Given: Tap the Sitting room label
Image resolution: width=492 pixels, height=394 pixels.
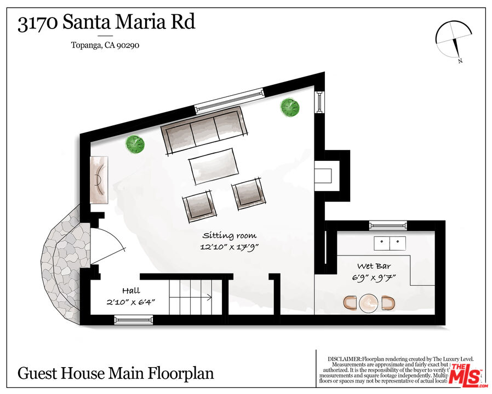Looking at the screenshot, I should point(229,235).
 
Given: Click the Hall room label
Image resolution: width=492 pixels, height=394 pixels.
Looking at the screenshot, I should point(131,291).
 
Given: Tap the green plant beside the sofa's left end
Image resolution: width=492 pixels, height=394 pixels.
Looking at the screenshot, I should point(135,144).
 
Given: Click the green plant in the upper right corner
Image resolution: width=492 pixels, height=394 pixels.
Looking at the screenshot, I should point(290,107).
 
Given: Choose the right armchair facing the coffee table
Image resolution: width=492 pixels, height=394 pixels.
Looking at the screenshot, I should point(248,194).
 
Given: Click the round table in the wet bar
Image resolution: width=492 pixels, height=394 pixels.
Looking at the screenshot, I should point(368,302).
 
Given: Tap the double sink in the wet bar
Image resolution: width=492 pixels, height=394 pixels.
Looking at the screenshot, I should point(388,242).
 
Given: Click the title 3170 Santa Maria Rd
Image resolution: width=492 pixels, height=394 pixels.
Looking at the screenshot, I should point(106,24).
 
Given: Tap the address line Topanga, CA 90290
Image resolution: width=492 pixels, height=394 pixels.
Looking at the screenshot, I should point(105,45).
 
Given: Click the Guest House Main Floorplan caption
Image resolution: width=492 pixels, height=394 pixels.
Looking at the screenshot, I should point(116,374).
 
